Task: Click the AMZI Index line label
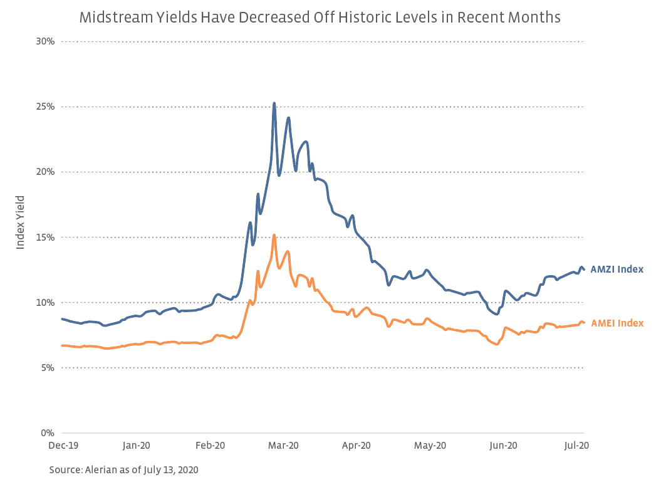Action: click(x=617, y=270)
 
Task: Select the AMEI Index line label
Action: click(x=617, y=323)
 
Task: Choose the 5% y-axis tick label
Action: click(x=48, y=367)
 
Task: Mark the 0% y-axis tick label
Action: click(x=48, y=432)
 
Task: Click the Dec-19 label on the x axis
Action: click(x=63, y=446)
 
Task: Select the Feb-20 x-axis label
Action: click(x=210, y=446)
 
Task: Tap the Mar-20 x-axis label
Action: click(x=283, y=446)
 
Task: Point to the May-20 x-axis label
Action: click(x=430, y=446)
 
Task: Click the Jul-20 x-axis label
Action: click(x=576, y=446)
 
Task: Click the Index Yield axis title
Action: click(x=21, y=223)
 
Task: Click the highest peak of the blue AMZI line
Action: click(x=274, y=103)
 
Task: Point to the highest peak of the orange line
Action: click(x=274, y=235)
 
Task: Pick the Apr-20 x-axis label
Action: click(x=357, y=446)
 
